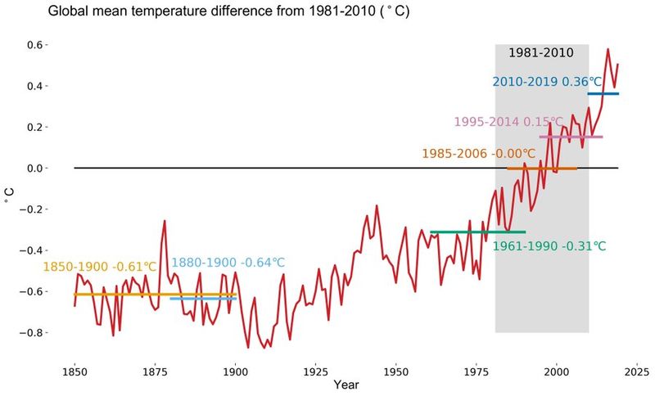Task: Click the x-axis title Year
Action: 346,382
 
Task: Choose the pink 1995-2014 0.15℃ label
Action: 508,122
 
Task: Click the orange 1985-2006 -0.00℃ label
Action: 478,153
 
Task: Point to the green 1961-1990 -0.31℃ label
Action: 549,246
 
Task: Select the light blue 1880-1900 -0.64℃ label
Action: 228,263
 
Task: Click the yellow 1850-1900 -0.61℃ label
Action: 99,267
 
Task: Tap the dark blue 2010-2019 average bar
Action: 603,94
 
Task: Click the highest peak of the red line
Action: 608,50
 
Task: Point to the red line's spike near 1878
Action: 165,222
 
